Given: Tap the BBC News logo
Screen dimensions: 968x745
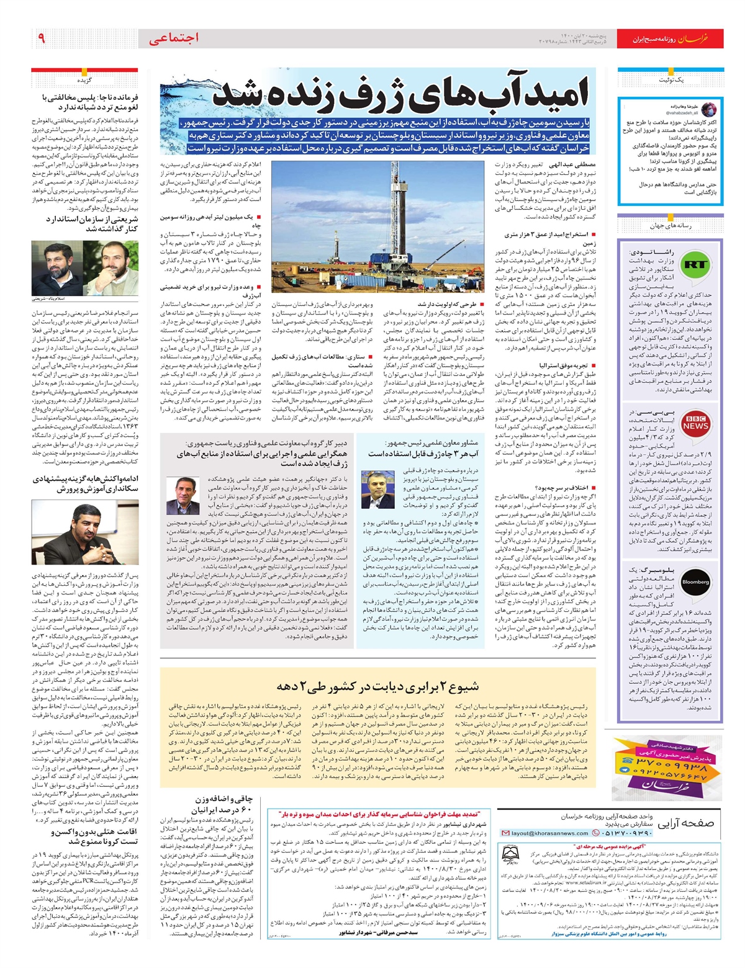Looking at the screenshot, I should pos(695,423).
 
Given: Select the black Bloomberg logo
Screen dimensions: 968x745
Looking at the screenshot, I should pos(695,582).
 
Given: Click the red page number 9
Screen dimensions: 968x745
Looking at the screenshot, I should pos(42,38).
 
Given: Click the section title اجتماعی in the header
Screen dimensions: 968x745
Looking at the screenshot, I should pos(173,38).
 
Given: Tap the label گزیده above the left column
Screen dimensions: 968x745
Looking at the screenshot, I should pos(84,80).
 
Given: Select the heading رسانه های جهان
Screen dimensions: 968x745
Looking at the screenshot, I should pos(670,226).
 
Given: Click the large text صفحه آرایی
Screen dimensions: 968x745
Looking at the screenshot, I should pos(685,823).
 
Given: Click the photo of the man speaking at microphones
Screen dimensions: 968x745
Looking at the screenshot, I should pos(85,533).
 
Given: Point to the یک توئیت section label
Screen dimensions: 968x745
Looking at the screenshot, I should pos(671,81).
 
